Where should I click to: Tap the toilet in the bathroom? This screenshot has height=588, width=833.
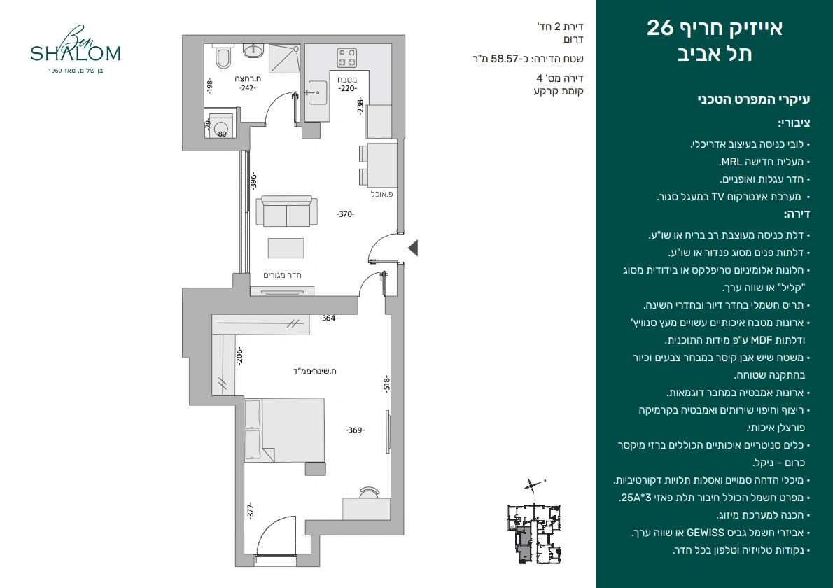point(223,57)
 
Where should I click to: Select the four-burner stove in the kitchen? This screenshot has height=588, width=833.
point(347,58)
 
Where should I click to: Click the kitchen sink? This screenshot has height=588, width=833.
point(318,92)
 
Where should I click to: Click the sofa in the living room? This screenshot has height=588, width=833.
point(286,211)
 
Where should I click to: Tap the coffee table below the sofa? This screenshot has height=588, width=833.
point(286,248)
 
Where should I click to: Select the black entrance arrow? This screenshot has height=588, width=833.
point(413,248)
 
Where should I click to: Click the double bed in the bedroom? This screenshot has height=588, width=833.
point(284,430)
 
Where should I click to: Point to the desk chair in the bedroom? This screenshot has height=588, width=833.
point(370,492)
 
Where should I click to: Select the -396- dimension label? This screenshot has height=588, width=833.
point(253,181)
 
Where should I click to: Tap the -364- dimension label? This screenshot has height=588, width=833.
point(328,318)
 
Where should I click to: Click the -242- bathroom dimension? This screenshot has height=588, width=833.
point(248,88)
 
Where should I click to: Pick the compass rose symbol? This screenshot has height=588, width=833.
point(533,485)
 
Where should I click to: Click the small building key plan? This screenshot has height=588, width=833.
point(534,533)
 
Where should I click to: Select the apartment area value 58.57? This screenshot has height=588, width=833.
point(504,58)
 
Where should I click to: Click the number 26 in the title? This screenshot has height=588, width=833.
point(660,27)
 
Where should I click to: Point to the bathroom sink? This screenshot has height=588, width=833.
point(253,50)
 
